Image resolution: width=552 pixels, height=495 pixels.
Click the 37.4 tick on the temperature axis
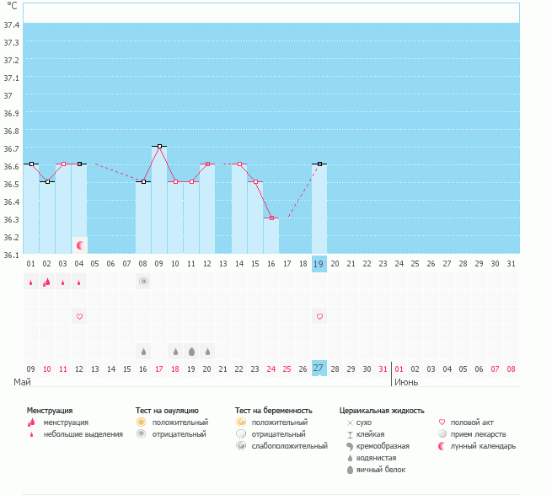click(11, 24)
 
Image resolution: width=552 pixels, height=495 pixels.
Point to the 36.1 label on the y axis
click(11, 254)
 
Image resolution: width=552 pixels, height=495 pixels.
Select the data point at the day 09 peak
click(159, 146)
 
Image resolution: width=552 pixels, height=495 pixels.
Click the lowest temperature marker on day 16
click(271, 218)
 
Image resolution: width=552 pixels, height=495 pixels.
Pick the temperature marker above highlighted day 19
click(319, 164)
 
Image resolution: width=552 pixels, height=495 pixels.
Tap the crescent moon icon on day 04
click(80, 245)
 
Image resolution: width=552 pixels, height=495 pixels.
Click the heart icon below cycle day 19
click(319, 316)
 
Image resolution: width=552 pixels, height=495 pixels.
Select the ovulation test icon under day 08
click(143, 282)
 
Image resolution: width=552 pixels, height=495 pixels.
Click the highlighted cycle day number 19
click(319, 264)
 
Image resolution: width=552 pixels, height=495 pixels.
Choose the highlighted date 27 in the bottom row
click(319, 368)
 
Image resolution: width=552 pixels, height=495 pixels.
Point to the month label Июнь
click(405, 382)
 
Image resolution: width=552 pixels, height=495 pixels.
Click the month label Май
click(24, 382)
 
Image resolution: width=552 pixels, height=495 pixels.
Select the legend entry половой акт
click(473, 422)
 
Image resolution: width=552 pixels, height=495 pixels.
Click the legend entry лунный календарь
click(483, 445)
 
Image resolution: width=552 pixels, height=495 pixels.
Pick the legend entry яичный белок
click(385, 469)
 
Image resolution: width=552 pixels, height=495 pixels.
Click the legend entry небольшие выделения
click(83, 433)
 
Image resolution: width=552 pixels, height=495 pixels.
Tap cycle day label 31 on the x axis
click(511, 264)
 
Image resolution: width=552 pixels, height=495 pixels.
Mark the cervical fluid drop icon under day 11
click(191, 351)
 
